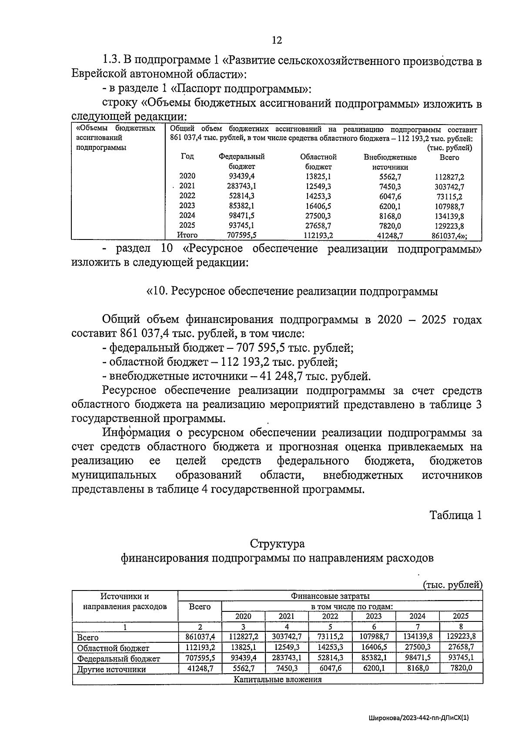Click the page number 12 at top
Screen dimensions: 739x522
[x=277, y=40]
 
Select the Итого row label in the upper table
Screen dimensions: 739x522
[x=187, y=235]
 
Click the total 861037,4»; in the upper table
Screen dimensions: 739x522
[x=450, y=236]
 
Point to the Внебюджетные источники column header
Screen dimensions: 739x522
[x=390, y=162]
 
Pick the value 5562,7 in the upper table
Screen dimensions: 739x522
[x=390, y=177]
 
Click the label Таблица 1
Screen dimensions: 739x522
[x=455, y=515]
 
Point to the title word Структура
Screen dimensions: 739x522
[x=277, y=544]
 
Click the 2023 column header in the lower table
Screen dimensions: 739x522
[x=374, y=616]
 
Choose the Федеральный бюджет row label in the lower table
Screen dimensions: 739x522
[x=118, y=658]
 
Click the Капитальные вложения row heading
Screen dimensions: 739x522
[x=278, y=679]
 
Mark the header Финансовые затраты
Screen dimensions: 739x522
[x=330, y=596]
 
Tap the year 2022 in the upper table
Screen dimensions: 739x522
[x=187, y=196]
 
